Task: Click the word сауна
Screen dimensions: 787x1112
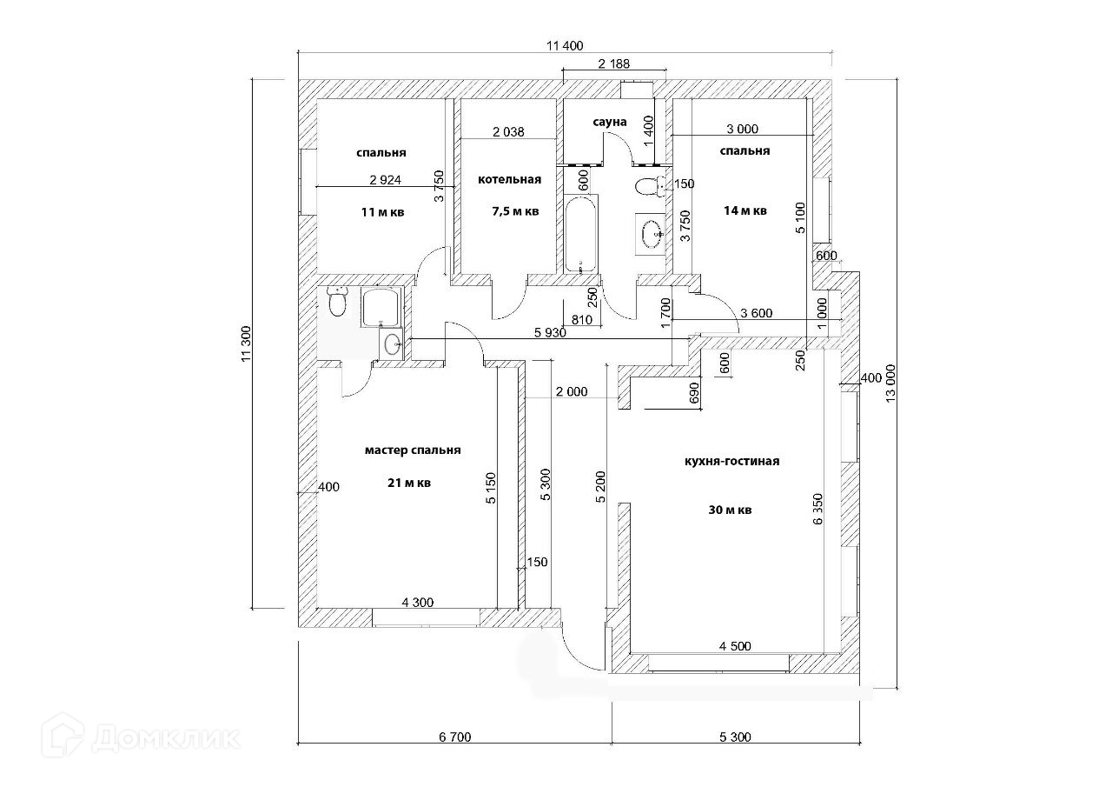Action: tap(609, 122)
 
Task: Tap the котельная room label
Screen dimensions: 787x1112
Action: tap(509, 180)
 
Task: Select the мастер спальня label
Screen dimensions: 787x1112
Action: tap(413, 450)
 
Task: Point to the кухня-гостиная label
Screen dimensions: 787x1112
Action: tap(731, 462)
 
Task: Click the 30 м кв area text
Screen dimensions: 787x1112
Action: tap(730, 510)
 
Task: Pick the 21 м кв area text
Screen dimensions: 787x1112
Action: tap(410, 484)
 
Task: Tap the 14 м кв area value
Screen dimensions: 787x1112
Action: tap(745, 210)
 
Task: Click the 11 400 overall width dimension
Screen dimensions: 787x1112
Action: tap(564, 47)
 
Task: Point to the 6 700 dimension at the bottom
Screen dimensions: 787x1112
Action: tap(454, 738)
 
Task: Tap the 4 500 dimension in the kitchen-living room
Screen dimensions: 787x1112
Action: tap(735, 646)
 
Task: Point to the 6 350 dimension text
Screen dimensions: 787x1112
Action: tap(817, 510)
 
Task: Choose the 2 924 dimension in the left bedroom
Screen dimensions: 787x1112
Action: tap(385, 180)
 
